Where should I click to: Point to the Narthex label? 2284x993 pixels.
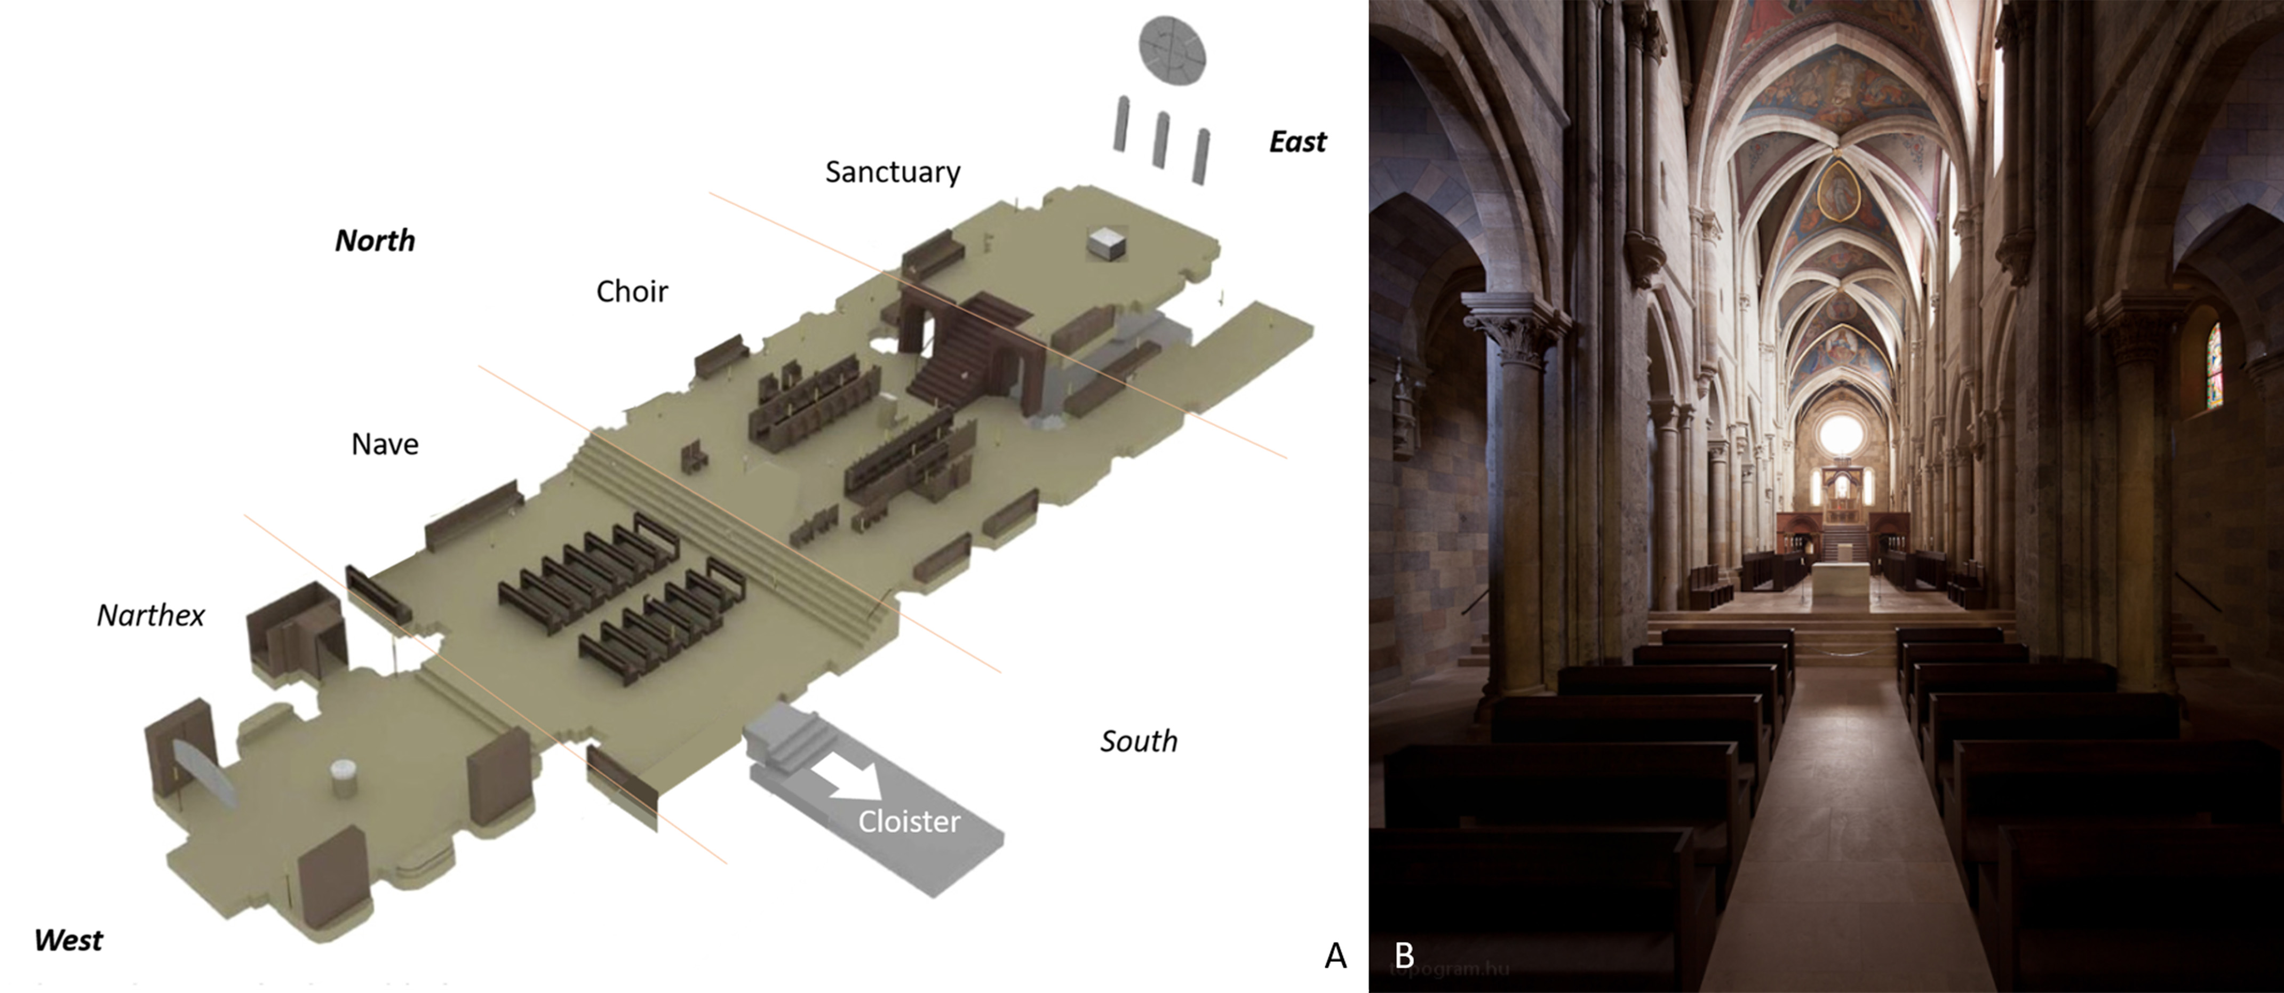click(x=151, y=615)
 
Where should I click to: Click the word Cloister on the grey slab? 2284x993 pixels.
click(x=909, y=822)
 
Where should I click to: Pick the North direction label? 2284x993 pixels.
click(x=374, y=241)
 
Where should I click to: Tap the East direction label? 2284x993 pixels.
click(x=1297, y=142)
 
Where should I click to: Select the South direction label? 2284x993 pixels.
click(x=1139, y=741)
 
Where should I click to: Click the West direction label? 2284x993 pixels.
click(x=68, y=940)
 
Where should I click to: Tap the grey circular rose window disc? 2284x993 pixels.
click(x=1172, y=46)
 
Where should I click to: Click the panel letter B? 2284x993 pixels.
click(x=1404, y=955)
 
